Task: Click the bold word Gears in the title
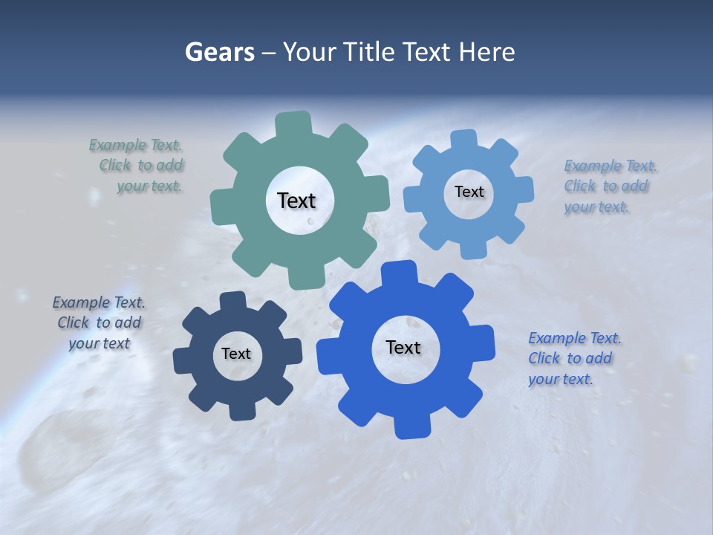218,52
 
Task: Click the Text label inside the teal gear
296,201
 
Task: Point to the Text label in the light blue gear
469,192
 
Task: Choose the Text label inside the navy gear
236,354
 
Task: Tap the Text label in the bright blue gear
403,348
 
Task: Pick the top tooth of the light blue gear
463,140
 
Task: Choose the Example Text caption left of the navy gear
100,323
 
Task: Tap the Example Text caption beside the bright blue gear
574,359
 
